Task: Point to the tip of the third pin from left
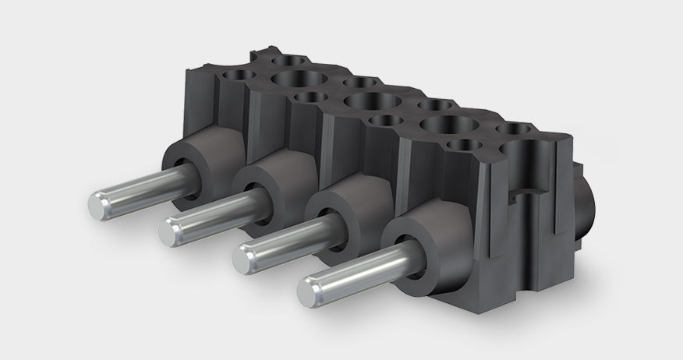coord(246,255)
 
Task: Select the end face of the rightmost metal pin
coord(312,290)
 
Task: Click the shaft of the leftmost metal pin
coord(140,192)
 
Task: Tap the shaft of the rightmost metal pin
coord(359,268)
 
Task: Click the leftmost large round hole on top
coord(299,79)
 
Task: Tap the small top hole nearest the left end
coord(239,74)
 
